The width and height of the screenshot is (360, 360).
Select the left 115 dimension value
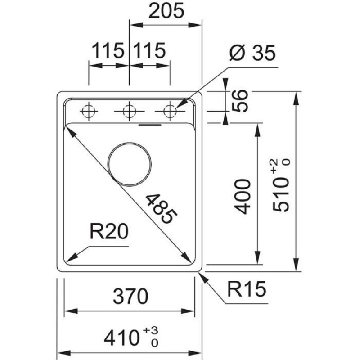108,51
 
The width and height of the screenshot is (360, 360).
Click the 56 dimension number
241,101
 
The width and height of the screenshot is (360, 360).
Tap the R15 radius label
247,289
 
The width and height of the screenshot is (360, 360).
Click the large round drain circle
129,164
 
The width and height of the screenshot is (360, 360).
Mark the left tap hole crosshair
88,111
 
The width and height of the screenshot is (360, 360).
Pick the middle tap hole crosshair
129,111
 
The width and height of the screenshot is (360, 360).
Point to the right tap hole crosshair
170,111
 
